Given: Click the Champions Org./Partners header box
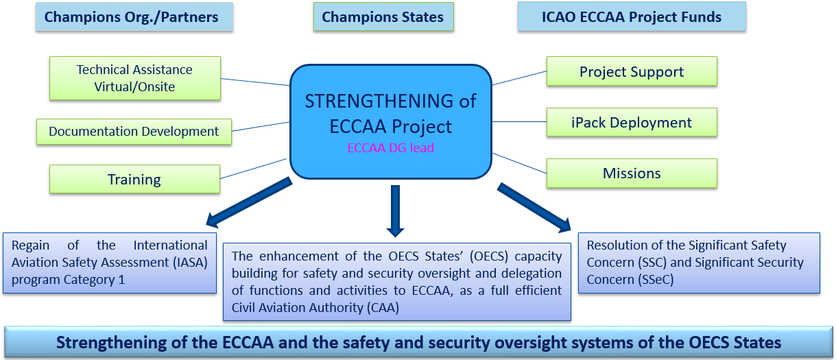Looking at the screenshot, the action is point(134,16).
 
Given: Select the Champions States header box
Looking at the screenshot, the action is point(383,16).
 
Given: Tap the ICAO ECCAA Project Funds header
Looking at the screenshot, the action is point(632,16).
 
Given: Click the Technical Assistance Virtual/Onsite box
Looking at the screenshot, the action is point(134,78).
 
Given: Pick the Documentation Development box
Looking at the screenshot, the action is point(134,132).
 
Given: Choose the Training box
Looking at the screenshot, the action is point(134,179).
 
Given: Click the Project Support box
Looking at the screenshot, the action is point(632,71).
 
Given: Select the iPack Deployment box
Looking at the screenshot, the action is point(632,122).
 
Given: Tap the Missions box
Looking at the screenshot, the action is point(632,173).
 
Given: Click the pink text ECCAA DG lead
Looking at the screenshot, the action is point(391,148).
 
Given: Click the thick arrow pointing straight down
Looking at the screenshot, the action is point(396,211).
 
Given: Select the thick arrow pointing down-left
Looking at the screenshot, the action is point(249,202).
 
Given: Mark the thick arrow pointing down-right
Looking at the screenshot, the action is point(534,208).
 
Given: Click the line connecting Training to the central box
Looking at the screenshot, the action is point(254,169).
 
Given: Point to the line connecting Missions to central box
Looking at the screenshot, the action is point(520,163).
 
